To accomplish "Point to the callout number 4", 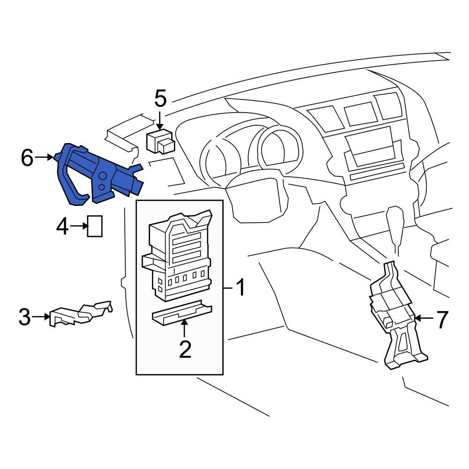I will tap(62, 227).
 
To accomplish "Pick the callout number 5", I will tap(160, 98).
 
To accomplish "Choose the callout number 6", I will tap(27, 158).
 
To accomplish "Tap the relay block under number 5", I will tap(160, 142).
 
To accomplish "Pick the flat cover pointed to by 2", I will tap(182, 312).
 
